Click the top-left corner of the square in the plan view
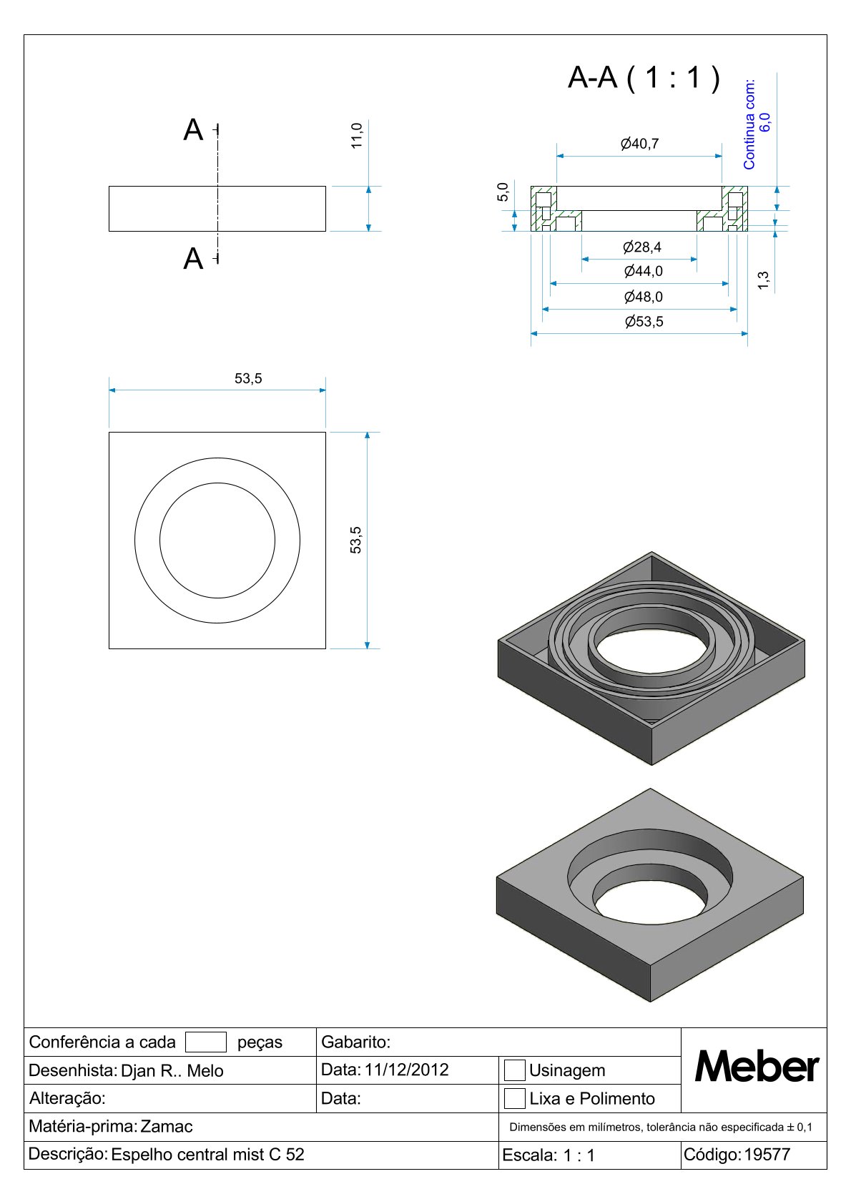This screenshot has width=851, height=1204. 109,432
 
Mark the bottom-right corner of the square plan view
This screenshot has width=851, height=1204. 326,648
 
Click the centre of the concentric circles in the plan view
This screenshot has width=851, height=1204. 217,541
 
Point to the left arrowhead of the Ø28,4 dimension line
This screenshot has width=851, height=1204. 585,259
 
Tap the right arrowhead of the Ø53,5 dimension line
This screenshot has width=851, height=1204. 744,334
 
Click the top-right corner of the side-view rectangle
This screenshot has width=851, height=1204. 326,187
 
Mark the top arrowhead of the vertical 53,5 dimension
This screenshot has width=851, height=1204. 367,435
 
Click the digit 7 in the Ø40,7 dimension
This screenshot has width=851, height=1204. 654,144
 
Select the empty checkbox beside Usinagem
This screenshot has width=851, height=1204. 514,1070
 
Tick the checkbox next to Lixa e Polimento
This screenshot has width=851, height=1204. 514,1098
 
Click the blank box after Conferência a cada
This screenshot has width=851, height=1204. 206,1042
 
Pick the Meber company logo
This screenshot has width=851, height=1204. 757,1067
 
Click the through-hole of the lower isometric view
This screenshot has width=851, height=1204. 651,906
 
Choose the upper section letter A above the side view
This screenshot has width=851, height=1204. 193,130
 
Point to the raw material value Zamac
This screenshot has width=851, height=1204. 167,1126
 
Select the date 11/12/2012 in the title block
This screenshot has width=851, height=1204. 406,1070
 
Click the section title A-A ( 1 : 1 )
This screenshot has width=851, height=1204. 644,77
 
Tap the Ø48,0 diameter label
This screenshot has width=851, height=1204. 644,297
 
